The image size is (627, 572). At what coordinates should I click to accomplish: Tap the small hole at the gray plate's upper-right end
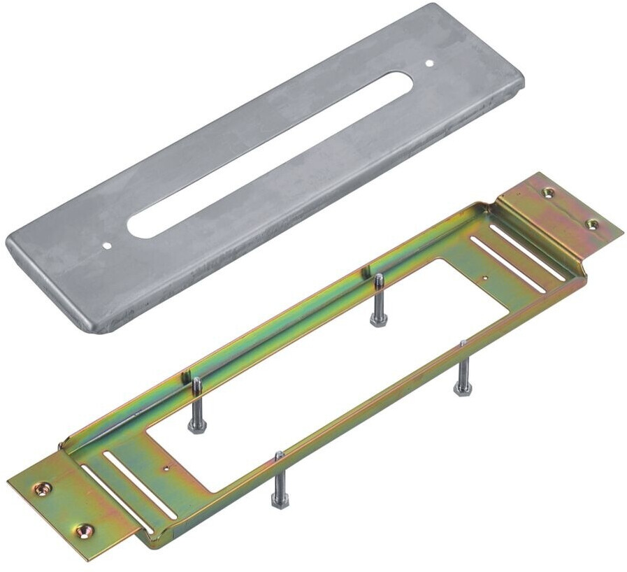pos(429,64)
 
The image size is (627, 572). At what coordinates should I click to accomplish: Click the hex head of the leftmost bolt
pos(196,426)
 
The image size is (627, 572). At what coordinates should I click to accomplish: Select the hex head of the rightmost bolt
pos(462,387)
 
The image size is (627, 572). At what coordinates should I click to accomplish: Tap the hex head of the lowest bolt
pos(280,500)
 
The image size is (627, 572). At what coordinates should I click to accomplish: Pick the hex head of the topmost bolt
pos(378,319)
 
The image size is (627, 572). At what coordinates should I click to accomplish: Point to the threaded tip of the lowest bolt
pos(279,457)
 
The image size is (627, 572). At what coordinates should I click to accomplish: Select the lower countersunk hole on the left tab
pos(83,531)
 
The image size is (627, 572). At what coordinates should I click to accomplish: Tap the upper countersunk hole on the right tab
pos(549,192)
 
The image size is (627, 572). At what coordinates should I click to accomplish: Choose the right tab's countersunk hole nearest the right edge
pos(592,224)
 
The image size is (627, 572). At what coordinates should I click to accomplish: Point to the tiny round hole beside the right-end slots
pos(485,278)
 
